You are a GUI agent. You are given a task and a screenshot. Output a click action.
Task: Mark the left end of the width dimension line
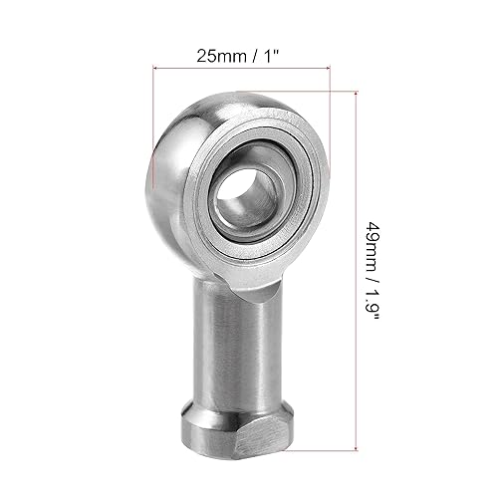153,69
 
